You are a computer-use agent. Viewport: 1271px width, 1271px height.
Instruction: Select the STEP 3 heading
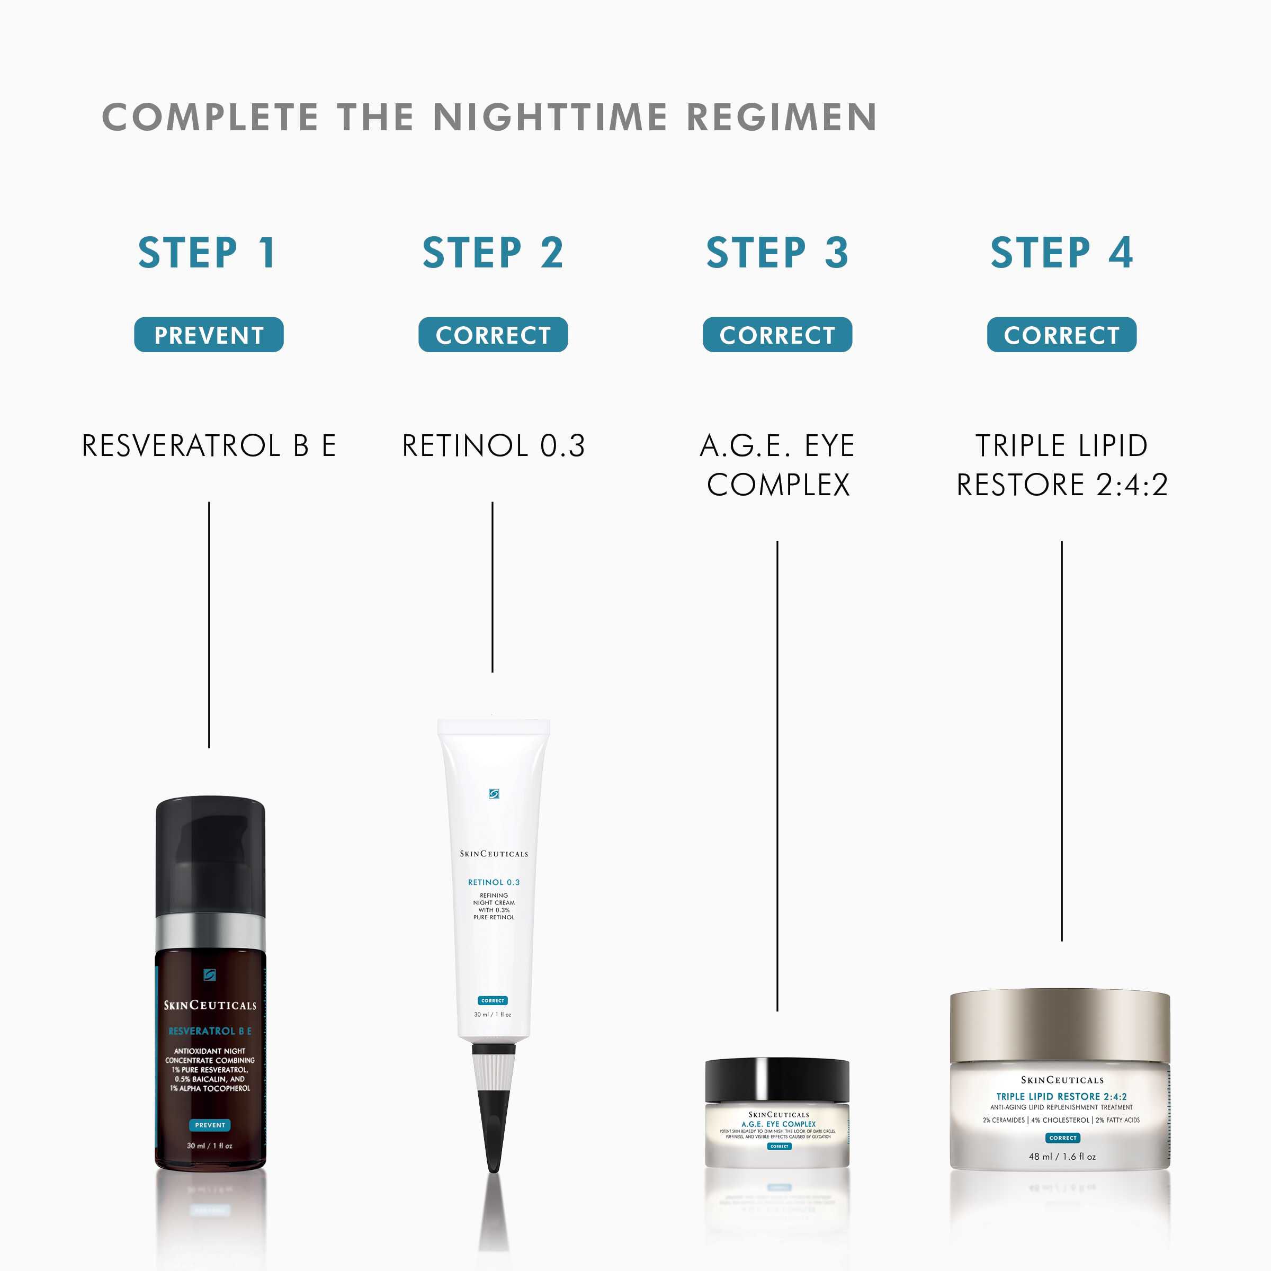[x=777, y=253]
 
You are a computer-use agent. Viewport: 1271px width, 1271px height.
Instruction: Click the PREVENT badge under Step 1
[x=209, y=335]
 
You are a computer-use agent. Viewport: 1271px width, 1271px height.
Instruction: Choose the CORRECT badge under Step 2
[x=493, y=335]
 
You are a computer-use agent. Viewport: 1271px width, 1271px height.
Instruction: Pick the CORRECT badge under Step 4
[x=1061, y=335]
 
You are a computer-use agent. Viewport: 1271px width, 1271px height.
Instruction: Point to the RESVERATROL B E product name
[x=209, y=445]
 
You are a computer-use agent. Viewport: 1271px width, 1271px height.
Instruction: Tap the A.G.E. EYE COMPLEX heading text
[x=777, y=464]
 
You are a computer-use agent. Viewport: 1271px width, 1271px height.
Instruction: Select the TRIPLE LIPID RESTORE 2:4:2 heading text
[x=1061, y=464]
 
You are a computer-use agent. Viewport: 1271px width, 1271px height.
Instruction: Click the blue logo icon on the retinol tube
[x=494, y=794]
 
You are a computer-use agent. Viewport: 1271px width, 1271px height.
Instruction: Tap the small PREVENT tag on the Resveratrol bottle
[x=210, y=1125]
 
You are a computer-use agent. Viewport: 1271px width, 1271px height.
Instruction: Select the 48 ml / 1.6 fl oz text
[x=1062, y=1157]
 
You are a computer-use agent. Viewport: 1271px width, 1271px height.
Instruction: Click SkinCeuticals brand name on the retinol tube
[x=494, y=854]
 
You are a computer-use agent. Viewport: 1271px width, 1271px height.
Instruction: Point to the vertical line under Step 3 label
[x=777, y=776]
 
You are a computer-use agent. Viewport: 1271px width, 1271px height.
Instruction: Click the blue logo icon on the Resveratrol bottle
[x=209, y=975]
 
